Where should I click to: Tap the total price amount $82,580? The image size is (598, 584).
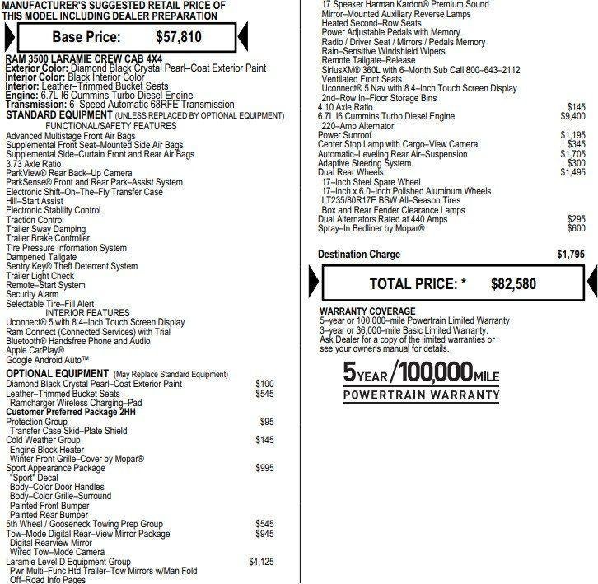(513, 283)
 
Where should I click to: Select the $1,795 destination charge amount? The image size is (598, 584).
(570, 254)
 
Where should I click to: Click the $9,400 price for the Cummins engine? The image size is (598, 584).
(572, 117)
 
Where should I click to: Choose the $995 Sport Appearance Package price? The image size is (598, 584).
(264, 468)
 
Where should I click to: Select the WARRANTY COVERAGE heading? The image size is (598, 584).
(367, 311)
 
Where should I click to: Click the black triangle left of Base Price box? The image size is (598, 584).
(9, 37)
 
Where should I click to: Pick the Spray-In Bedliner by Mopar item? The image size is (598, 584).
(371, 228)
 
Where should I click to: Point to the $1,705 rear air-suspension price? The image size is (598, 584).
(572, 154)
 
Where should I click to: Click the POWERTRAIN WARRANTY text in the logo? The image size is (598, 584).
(421, 395)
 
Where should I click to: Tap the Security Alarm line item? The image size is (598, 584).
(32, 294)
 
